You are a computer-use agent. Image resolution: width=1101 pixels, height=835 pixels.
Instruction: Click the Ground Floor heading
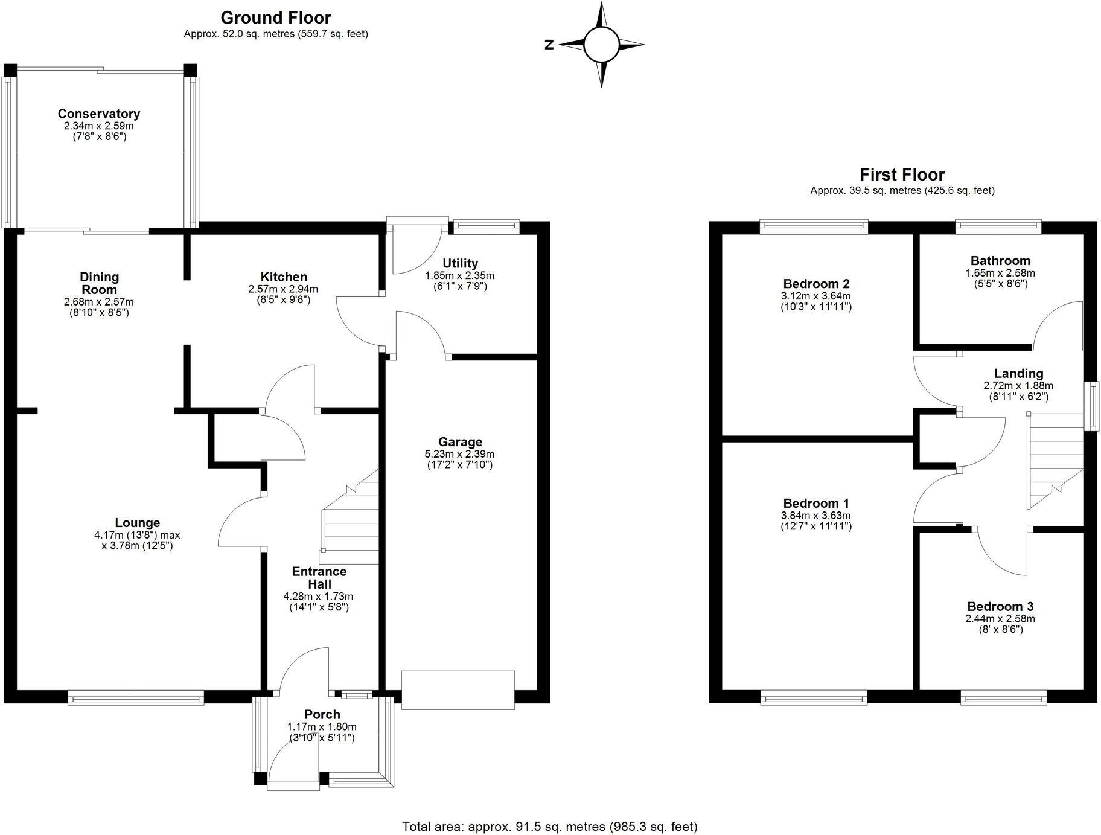(276, 18)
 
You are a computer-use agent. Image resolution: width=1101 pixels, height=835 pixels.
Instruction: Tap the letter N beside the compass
(549, 45)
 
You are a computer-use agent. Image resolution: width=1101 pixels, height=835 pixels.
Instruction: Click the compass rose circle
(601, 45)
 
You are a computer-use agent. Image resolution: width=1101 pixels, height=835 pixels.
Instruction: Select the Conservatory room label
(99, 114)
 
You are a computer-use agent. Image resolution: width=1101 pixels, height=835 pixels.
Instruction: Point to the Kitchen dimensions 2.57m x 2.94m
(283, 289)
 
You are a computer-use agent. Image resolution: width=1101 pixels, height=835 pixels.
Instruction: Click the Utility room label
(460, 263)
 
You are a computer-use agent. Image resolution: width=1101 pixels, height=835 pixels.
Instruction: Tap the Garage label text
(460, 442)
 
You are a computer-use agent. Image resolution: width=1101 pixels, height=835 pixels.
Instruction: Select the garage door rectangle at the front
(458, 689)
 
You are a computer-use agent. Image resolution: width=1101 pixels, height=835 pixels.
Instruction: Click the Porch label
(322, 714)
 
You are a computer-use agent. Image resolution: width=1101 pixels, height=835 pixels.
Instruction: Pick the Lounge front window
(136, 699)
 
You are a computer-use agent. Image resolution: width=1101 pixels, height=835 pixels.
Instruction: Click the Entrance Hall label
(319, 578)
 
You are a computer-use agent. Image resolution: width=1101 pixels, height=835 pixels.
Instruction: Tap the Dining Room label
(100, 283)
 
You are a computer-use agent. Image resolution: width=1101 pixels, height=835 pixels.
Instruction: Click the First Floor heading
(902, 175)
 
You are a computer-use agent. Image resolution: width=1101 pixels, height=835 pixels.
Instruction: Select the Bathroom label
(1000, 261)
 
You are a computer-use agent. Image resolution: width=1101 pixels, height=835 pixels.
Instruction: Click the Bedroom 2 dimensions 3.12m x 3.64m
(815, 296)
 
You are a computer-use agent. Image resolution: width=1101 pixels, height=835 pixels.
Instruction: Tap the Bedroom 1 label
(816, 503)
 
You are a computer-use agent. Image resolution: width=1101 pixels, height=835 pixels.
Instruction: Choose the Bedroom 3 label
(1000, 606)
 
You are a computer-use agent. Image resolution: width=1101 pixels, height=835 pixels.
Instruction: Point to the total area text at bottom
(549, 826)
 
